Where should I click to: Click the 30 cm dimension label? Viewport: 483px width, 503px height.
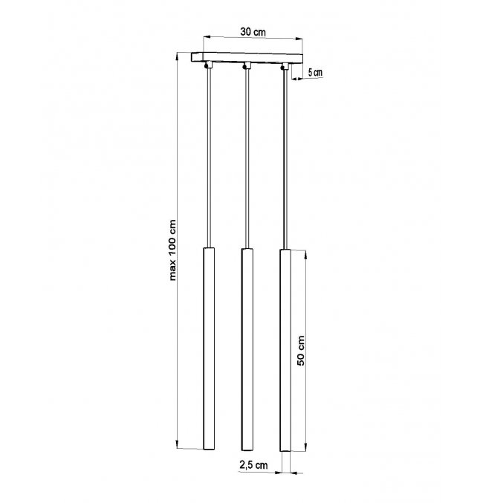pos(253,32)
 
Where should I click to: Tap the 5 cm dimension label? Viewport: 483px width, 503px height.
pos(315,72)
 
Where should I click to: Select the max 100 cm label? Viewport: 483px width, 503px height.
pos(172,250)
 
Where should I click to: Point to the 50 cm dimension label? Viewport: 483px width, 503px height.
pos(301,351)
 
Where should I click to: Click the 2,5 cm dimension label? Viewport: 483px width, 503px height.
pos(253,465)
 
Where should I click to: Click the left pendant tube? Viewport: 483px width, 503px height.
pos(209,348)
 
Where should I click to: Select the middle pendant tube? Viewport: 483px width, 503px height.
pos(247,349)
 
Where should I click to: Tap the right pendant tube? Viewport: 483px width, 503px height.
pos(285,350)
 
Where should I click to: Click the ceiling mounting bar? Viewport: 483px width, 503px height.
pos(247,58)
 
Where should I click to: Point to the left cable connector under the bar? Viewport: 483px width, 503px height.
pos(208,65)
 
